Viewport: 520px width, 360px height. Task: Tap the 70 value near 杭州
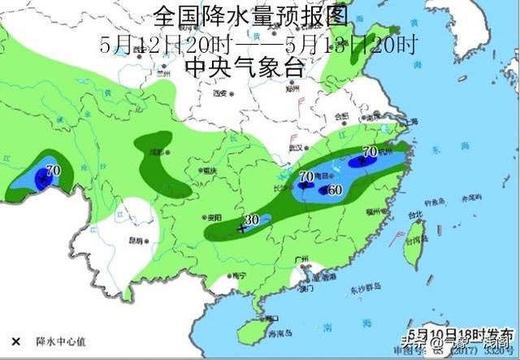coord(369,151)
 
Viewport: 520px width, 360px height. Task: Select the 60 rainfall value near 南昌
coord(335,190)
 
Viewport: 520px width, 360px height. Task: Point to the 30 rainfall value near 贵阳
coord(252,220)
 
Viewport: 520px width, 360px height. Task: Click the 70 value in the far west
coord(54,170)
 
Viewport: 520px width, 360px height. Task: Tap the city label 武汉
coord(295,148)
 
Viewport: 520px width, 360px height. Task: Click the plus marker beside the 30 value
coord(240,228)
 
